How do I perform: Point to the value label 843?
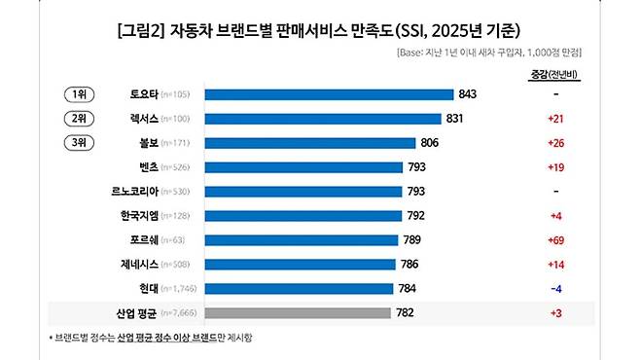click(468, 94)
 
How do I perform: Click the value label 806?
click(433, 143)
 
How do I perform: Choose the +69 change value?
click(555, 239)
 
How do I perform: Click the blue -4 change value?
click(555, 288)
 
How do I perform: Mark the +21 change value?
click(555, 119)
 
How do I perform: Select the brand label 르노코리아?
click(135, 191)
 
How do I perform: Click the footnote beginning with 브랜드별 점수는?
click(156, 338)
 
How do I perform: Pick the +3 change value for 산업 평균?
click(555, 312)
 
